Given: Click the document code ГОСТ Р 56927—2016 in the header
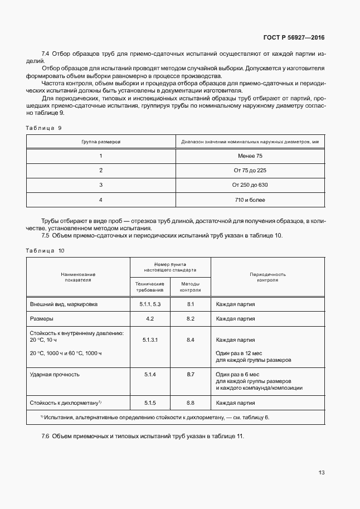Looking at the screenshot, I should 294,38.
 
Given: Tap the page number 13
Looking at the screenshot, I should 321,472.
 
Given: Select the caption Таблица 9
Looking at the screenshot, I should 43,128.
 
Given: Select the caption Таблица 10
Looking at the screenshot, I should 45,251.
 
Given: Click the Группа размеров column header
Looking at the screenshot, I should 101,142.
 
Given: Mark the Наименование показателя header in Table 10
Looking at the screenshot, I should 79,277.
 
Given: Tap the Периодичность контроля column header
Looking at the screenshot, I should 267,277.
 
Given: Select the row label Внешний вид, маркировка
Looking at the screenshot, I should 64,304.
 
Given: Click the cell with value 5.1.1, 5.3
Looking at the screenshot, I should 150,304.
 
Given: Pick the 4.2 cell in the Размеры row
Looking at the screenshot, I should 150,319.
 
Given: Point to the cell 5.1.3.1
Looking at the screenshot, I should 150,340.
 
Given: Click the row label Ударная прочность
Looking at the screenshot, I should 55,375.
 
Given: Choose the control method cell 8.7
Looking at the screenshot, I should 190,375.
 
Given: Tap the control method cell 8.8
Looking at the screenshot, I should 190,402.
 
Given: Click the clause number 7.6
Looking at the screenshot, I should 46,435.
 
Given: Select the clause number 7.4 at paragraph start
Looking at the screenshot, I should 46,54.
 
